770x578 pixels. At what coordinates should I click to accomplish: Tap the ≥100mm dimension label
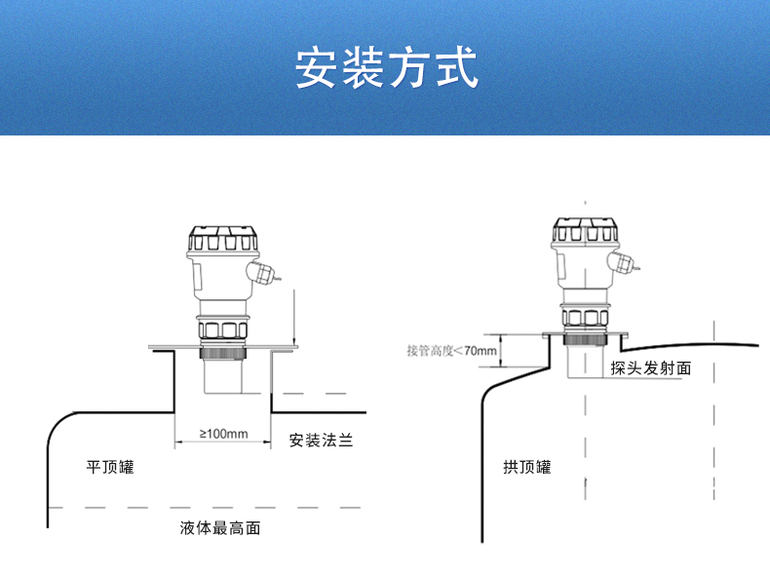click(x=223, y=433)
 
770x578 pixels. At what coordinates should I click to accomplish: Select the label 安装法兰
click(x=321, y=441)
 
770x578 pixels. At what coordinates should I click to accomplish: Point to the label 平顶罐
click(x=110, y=468)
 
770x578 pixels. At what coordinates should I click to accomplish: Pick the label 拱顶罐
click(x=526, y=468)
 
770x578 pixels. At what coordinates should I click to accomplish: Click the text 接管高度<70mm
click(x=452, y=351)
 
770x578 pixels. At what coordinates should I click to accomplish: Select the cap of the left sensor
click(x=223, y=238)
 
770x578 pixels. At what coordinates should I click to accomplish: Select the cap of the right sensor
click(x=586, y=230)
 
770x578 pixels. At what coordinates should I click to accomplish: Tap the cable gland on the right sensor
click(x=624, y=263)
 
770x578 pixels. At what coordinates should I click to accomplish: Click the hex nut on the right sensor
click(x=586, y=317)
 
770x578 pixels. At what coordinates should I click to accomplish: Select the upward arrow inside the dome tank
click(x=585, y=482)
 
